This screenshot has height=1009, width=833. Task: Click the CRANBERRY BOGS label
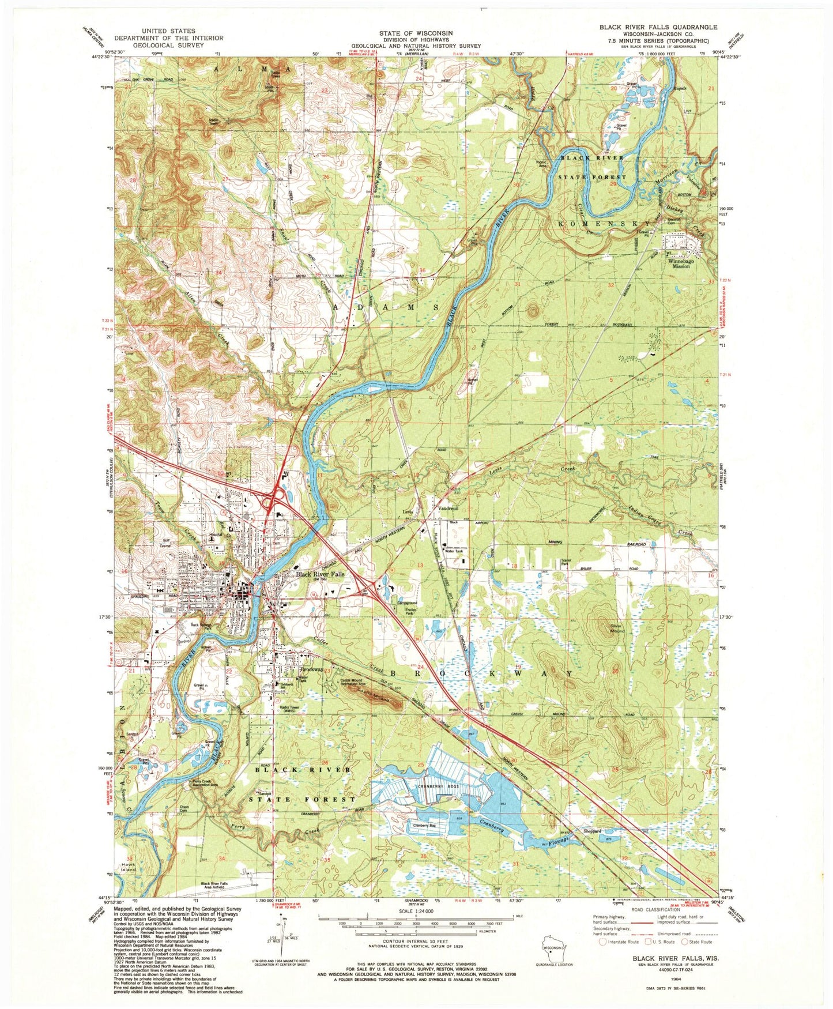coord(445,786)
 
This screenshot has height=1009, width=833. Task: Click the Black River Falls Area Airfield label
coord(223,886)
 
